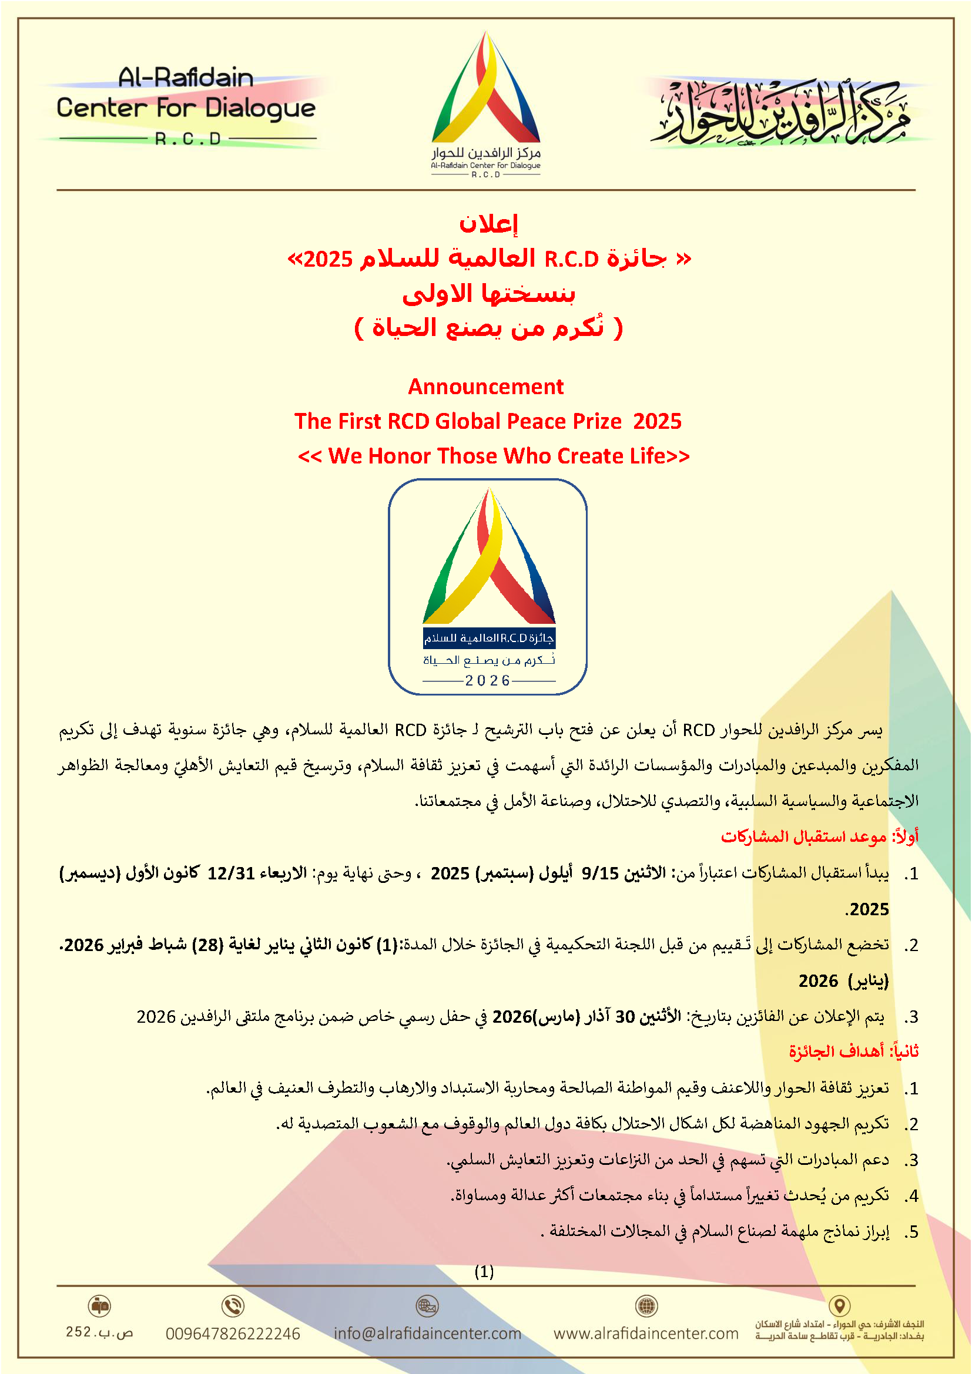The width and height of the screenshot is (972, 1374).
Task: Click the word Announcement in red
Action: click(485, 387)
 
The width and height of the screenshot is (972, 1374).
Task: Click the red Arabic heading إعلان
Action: click(488, 224)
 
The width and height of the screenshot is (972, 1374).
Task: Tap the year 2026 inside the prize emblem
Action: click(487, 680)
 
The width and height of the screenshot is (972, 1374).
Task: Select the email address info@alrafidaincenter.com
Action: click(427, 1333)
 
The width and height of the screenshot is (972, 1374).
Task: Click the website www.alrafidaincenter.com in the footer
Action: click(646, 1333)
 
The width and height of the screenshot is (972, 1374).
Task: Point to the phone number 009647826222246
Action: click(233, 1334)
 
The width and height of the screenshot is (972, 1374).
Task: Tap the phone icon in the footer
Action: click(233, 1306)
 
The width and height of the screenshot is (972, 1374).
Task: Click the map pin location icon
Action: click(840, 1305)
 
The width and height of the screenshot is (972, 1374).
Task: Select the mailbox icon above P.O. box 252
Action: click(99, 1305)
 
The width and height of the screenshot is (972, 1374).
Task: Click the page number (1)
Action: click(484, 1271)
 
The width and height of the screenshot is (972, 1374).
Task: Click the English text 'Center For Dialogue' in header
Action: click(186, 109)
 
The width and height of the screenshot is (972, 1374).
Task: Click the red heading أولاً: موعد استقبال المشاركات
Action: click(819, 836)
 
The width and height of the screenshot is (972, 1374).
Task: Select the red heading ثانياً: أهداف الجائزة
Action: click(853, 1051)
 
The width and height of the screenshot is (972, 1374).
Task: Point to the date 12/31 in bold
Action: click(231, 873)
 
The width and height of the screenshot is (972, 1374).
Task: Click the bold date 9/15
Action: click(600, 873)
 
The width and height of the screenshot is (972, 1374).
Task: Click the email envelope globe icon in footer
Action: click(427, 1305)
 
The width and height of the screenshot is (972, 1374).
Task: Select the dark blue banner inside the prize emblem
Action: click(489, 638)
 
